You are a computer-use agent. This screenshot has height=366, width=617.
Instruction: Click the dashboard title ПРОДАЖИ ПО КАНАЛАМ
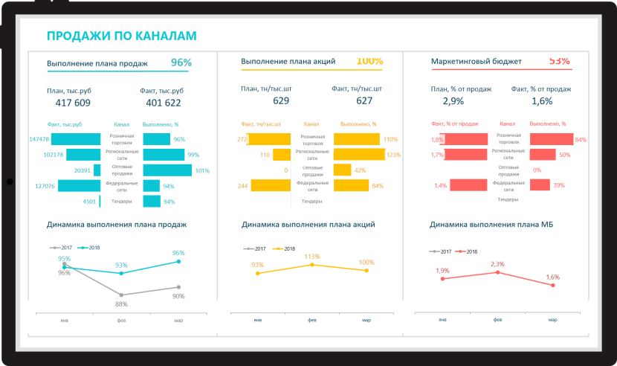click(x=121, y=36)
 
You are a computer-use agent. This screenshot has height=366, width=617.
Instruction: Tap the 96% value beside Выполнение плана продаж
click(x=181, y=62)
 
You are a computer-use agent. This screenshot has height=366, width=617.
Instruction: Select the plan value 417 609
click(x=73, y=103)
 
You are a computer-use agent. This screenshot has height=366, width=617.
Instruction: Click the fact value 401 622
click(x=164, y=103)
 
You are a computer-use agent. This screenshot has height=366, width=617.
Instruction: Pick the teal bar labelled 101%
click(x=167, y=170)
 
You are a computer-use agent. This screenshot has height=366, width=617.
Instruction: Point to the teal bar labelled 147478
click(x=75, y=139)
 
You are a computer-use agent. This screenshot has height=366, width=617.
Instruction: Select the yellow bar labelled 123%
click(x=359, y=155)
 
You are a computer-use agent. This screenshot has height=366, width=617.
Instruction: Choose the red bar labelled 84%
click(x=551, y=139)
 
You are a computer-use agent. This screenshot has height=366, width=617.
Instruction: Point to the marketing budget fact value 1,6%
click(x=542, y=100)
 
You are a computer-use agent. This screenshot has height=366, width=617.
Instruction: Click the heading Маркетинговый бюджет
click(x=477, y=62)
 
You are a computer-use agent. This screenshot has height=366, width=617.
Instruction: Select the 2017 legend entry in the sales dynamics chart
click(x=61, y=247)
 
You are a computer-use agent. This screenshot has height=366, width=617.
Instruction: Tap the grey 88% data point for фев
click(x=121, y=295)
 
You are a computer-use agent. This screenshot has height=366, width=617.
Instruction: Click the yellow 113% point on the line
click(x=312, y=265)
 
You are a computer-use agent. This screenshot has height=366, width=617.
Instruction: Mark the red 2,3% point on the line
click(x=497, y=272)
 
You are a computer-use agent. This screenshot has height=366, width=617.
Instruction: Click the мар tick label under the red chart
click(x=552, y=319)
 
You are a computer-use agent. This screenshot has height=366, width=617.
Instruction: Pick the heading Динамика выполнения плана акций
click(x=308, y=224)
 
